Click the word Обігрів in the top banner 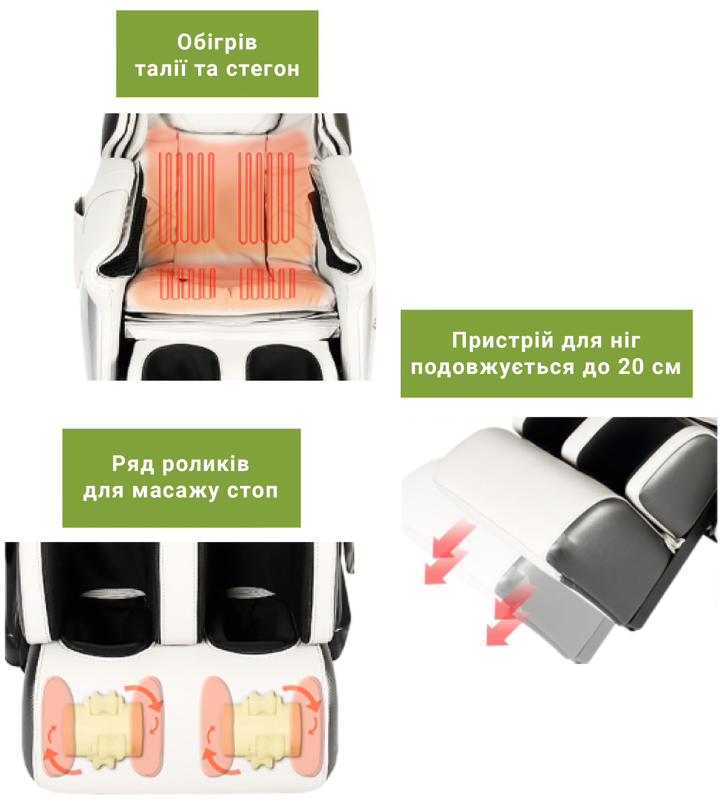[217, 42]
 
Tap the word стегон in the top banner [263, 69]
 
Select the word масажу [175, 491]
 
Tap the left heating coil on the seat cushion [188, 283]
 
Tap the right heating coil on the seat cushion [267, 283]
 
